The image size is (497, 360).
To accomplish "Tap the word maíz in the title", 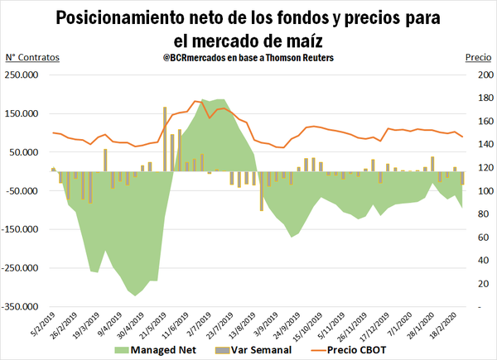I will coord(299,40).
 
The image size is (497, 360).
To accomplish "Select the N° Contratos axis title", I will coord(32,58).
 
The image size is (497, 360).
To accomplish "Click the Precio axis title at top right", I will coord(477,58).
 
